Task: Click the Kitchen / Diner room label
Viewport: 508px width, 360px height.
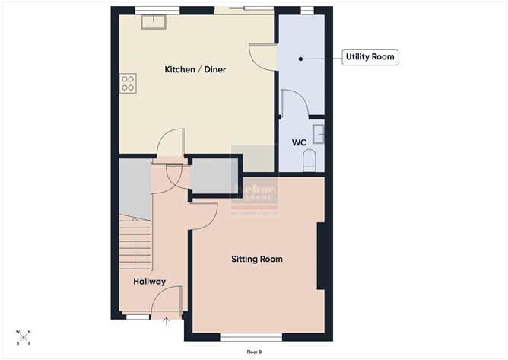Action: pos(195,70)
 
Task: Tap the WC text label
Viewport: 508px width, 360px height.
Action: pos(299,142)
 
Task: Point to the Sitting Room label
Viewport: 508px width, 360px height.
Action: pos(257,260)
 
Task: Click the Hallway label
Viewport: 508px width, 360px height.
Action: pos(150,282)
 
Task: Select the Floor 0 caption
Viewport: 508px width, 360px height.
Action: pos(254,352)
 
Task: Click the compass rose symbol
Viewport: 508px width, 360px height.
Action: pos(24,337)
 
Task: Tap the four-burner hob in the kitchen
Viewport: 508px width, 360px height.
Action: pos(128,83)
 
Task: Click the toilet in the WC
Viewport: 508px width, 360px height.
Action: pos(310,161)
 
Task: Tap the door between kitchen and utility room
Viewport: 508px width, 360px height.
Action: pos(262,56)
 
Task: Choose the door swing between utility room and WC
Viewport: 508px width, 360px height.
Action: pos(294,104)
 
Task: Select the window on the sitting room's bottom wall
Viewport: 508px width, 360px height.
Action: pos(252,336)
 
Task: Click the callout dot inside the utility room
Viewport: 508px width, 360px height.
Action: pos(300,58)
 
